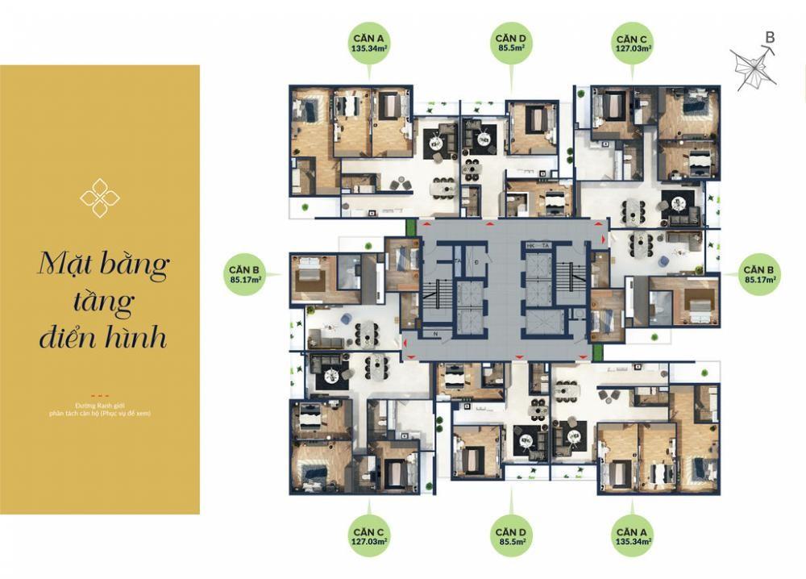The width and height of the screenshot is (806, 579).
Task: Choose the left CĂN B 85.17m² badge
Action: point(243,274)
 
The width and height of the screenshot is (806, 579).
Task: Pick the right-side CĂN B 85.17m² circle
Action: point(759,274)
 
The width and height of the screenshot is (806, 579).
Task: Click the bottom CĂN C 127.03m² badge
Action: point(368,536)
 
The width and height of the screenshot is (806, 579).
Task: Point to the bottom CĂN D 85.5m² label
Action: point(511,536)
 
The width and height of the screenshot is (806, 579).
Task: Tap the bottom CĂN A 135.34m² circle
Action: point(632,536)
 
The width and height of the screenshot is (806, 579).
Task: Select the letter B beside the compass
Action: point(770,37)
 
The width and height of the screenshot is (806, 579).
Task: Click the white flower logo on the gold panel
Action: point(100,198)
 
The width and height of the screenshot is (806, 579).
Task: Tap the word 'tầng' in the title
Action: point(103,302)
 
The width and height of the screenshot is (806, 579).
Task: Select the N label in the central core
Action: point(436,333)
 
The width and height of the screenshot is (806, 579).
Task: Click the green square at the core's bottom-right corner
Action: point(597,352)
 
